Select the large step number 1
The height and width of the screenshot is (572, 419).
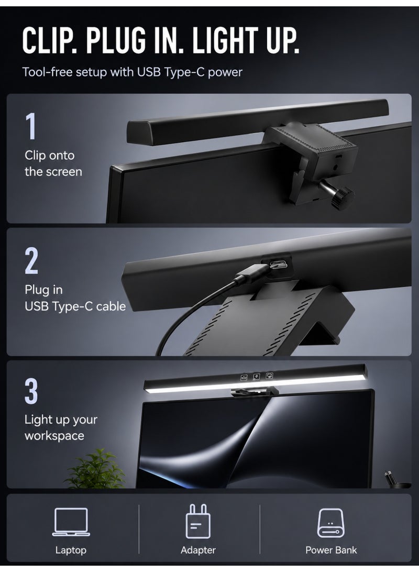(x=31, y=126)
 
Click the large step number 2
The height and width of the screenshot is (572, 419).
(x=31, y=260)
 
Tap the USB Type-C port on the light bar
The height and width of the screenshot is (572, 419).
(x=279, y=263)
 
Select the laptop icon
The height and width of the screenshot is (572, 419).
(x=71, y=522)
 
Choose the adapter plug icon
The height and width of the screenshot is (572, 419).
(x=198, y=521)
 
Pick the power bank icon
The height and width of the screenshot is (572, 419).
(x=331, y=523)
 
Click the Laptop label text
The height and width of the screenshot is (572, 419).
(x=71, y=551)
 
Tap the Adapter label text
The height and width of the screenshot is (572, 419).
(x=198, y=551)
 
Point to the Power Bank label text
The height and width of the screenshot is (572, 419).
(x=331, y=550)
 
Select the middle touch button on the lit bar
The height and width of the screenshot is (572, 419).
(x=256, y=376)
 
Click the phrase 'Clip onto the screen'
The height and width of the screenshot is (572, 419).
(x=53, y=163)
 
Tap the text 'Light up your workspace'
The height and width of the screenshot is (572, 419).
(x=61, y=427)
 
